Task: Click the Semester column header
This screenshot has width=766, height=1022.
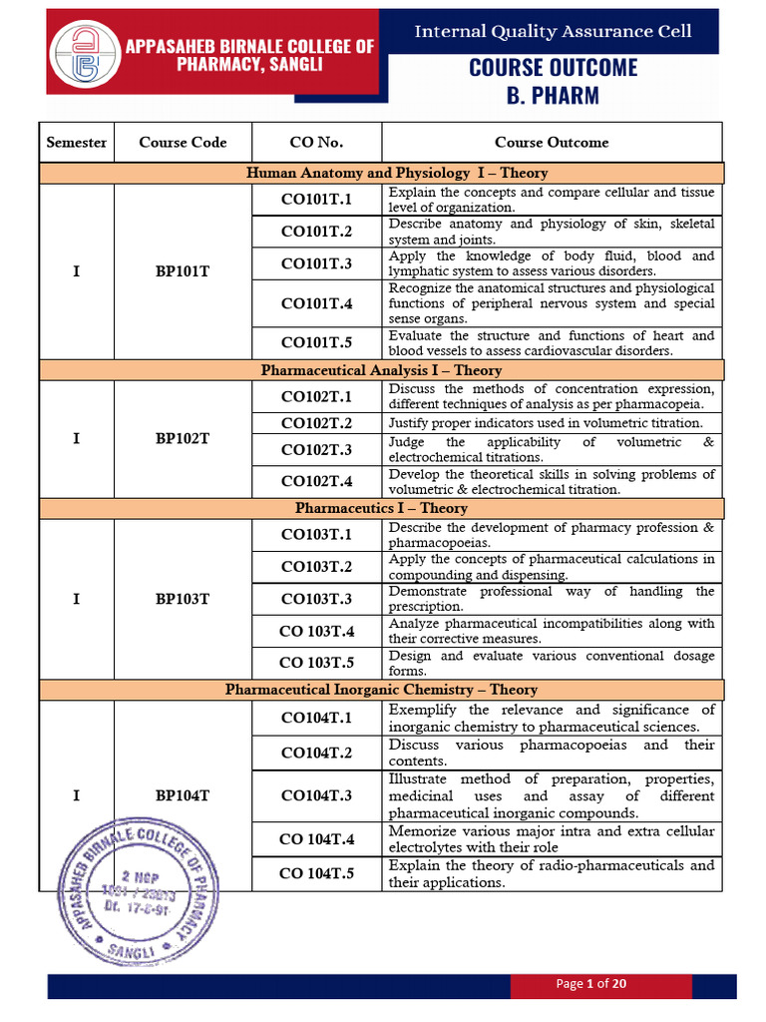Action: [x=77, y=142]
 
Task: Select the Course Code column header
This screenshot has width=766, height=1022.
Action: [x=183, y=142]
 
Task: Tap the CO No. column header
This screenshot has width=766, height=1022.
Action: [x=316, y=142]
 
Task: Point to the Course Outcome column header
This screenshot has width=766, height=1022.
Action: [x=552, y=142]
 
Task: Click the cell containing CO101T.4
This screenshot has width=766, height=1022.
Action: [x=316, y=303]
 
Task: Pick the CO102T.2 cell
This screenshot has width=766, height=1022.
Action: [x=316, y=423]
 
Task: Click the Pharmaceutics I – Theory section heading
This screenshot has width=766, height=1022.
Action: [x=381, y=508]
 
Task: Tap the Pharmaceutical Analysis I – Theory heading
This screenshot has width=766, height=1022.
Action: [x=381, y=370]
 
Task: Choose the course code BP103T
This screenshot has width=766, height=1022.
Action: [x=183, y=599]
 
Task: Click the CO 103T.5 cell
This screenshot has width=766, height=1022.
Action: [x=316, y=663]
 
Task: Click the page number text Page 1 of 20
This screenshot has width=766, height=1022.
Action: [x=590, y=984]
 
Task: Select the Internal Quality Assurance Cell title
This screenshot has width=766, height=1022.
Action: [x=553, y=32]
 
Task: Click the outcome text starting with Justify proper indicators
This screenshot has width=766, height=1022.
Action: [x=552, y=423]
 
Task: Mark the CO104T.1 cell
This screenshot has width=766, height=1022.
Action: [x=316, y=718]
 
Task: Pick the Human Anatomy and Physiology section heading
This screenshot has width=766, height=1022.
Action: [x=381, y=173]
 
